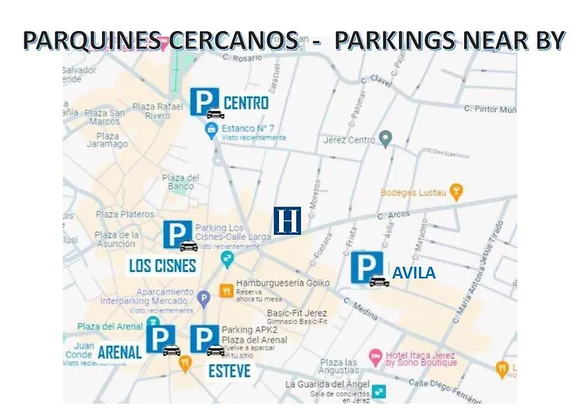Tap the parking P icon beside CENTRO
point(204,102)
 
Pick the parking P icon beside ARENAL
point(160,339)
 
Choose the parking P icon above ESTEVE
point(204,339)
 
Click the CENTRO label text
point(246,104)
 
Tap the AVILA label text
point(414,273)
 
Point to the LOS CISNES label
point(163,266)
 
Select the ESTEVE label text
point(229,371)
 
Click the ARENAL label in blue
point(120,353)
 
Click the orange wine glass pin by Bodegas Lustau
point(457,192)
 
